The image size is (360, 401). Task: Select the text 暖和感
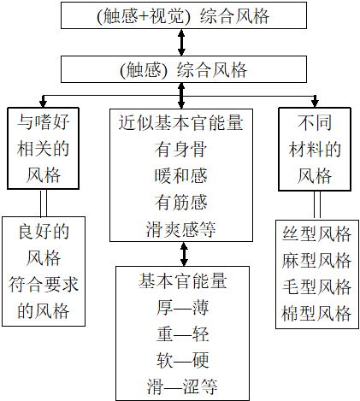coord(182,176)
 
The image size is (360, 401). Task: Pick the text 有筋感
coord(182,203)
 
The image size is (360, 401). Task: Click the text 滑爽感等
coord(182,228)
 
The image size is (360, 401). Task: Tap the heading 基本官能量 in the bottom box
coord(182,280)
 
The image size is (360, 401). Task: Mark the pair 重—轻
coord(182,333)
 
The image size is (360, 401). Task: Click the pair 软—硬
coord(182,359)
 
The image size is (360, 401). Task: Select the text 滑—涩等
coord(182,386)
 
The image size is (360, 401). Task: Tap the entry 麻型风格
coord(316,261)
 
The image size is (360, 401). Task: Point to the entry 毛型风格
coord(316,287)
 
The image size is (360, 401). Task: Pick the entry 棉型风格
coord(316,314)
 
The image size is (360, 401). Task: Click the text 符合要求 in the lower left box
coord(48,286)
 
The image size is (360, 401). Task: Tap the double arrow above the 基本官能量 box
coord(182,254)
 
